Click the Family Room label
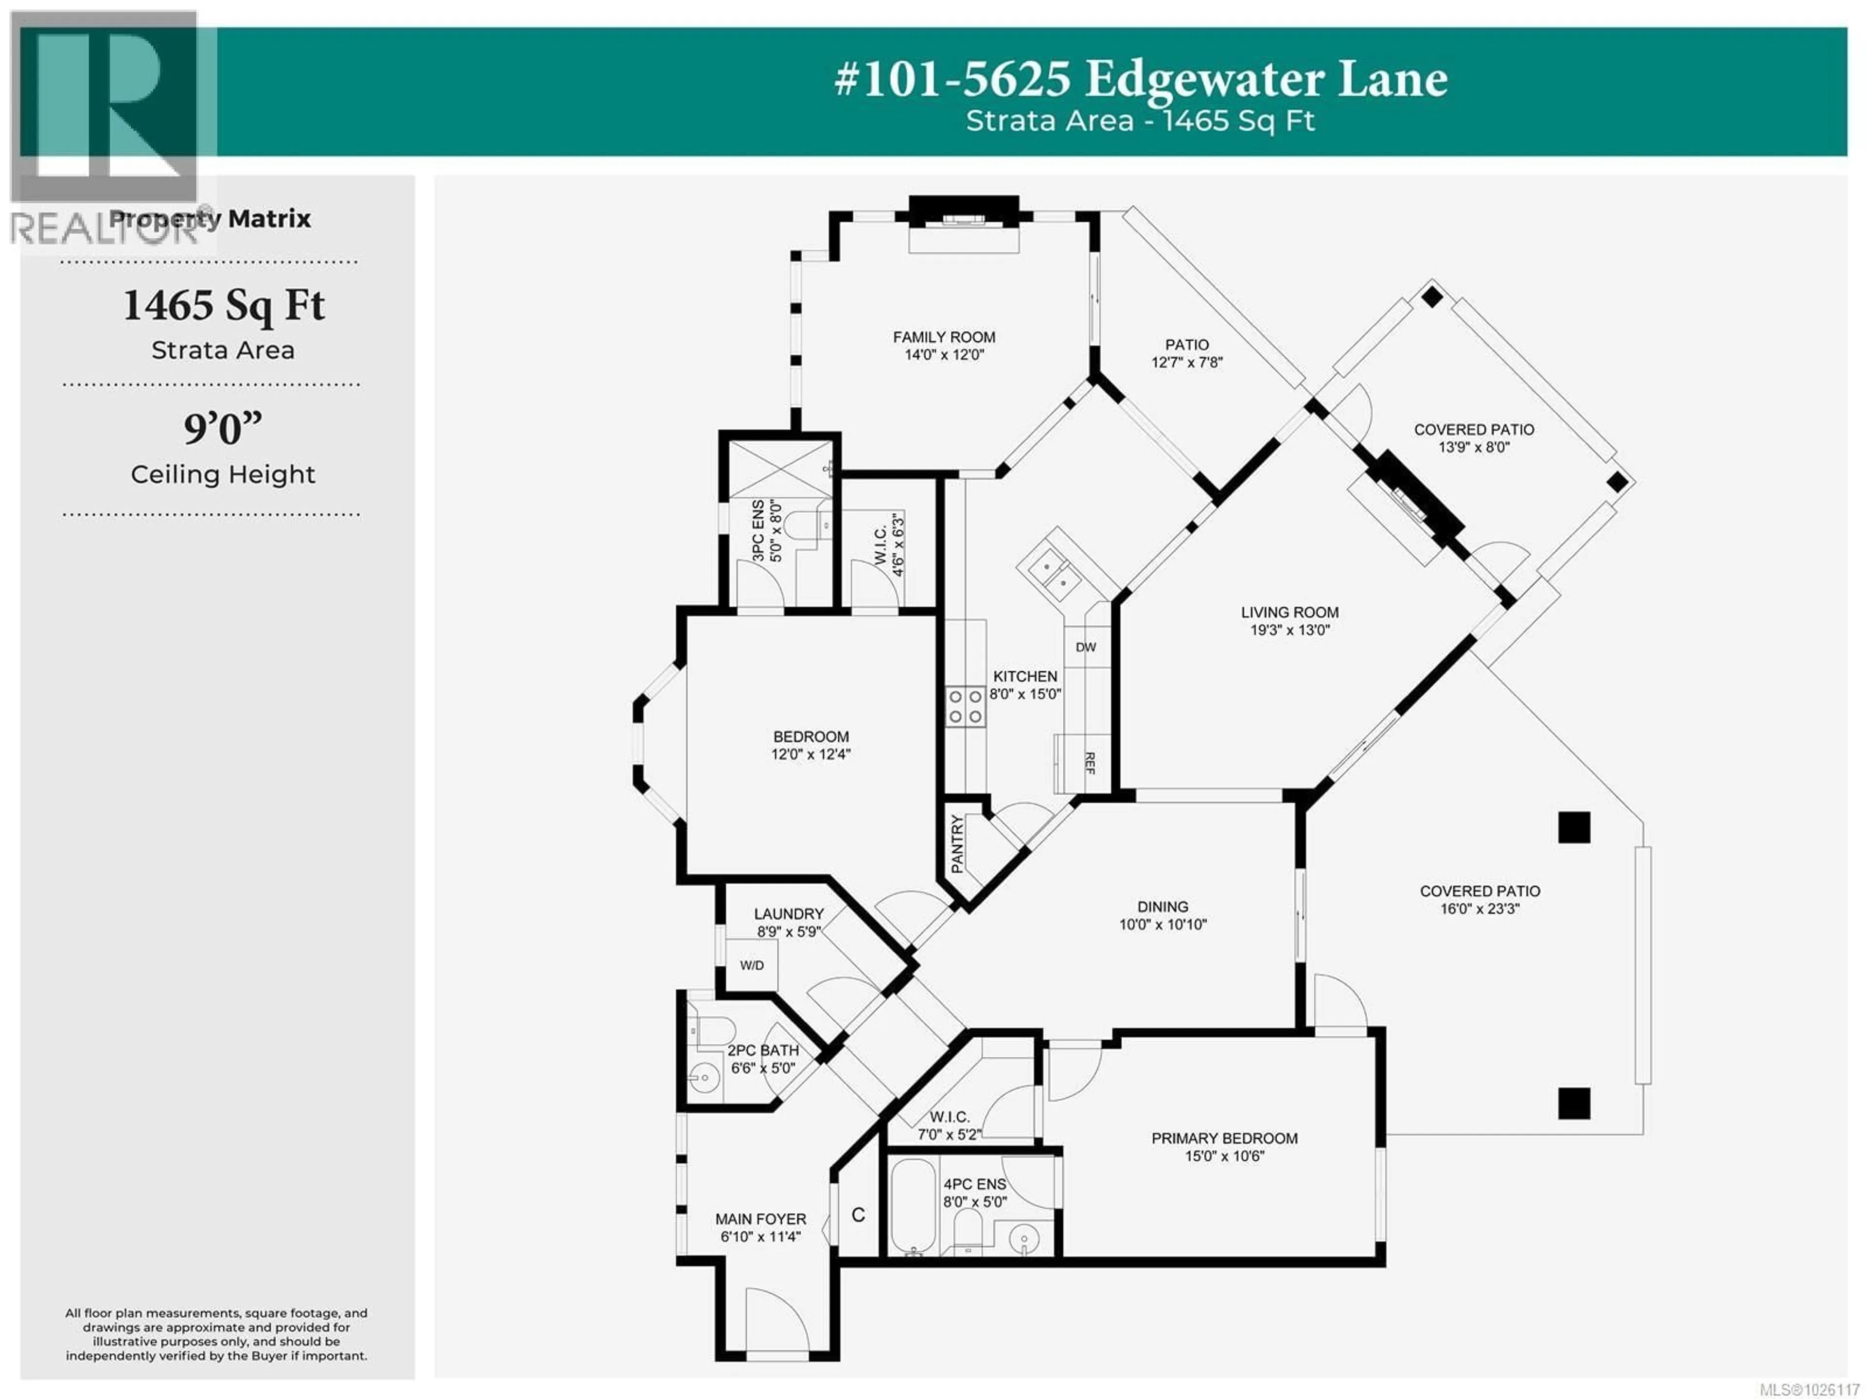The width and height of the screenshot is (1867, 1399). point(944,337)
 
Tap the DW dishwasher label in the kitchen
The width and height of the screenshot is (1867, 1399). point(1085,647)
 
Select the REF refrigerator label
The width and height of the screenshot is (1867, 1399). point(1090,763)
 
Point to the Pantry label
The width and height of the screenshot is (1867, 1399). point(956,844)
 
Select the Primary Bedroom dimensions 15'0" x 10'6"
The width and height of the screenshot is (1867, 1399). point(1224,1156)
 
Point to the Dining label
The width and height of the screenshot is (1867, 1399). point(1162,906)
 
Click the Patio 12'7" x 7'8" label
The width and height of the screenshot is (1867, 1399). point(1187,353)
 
